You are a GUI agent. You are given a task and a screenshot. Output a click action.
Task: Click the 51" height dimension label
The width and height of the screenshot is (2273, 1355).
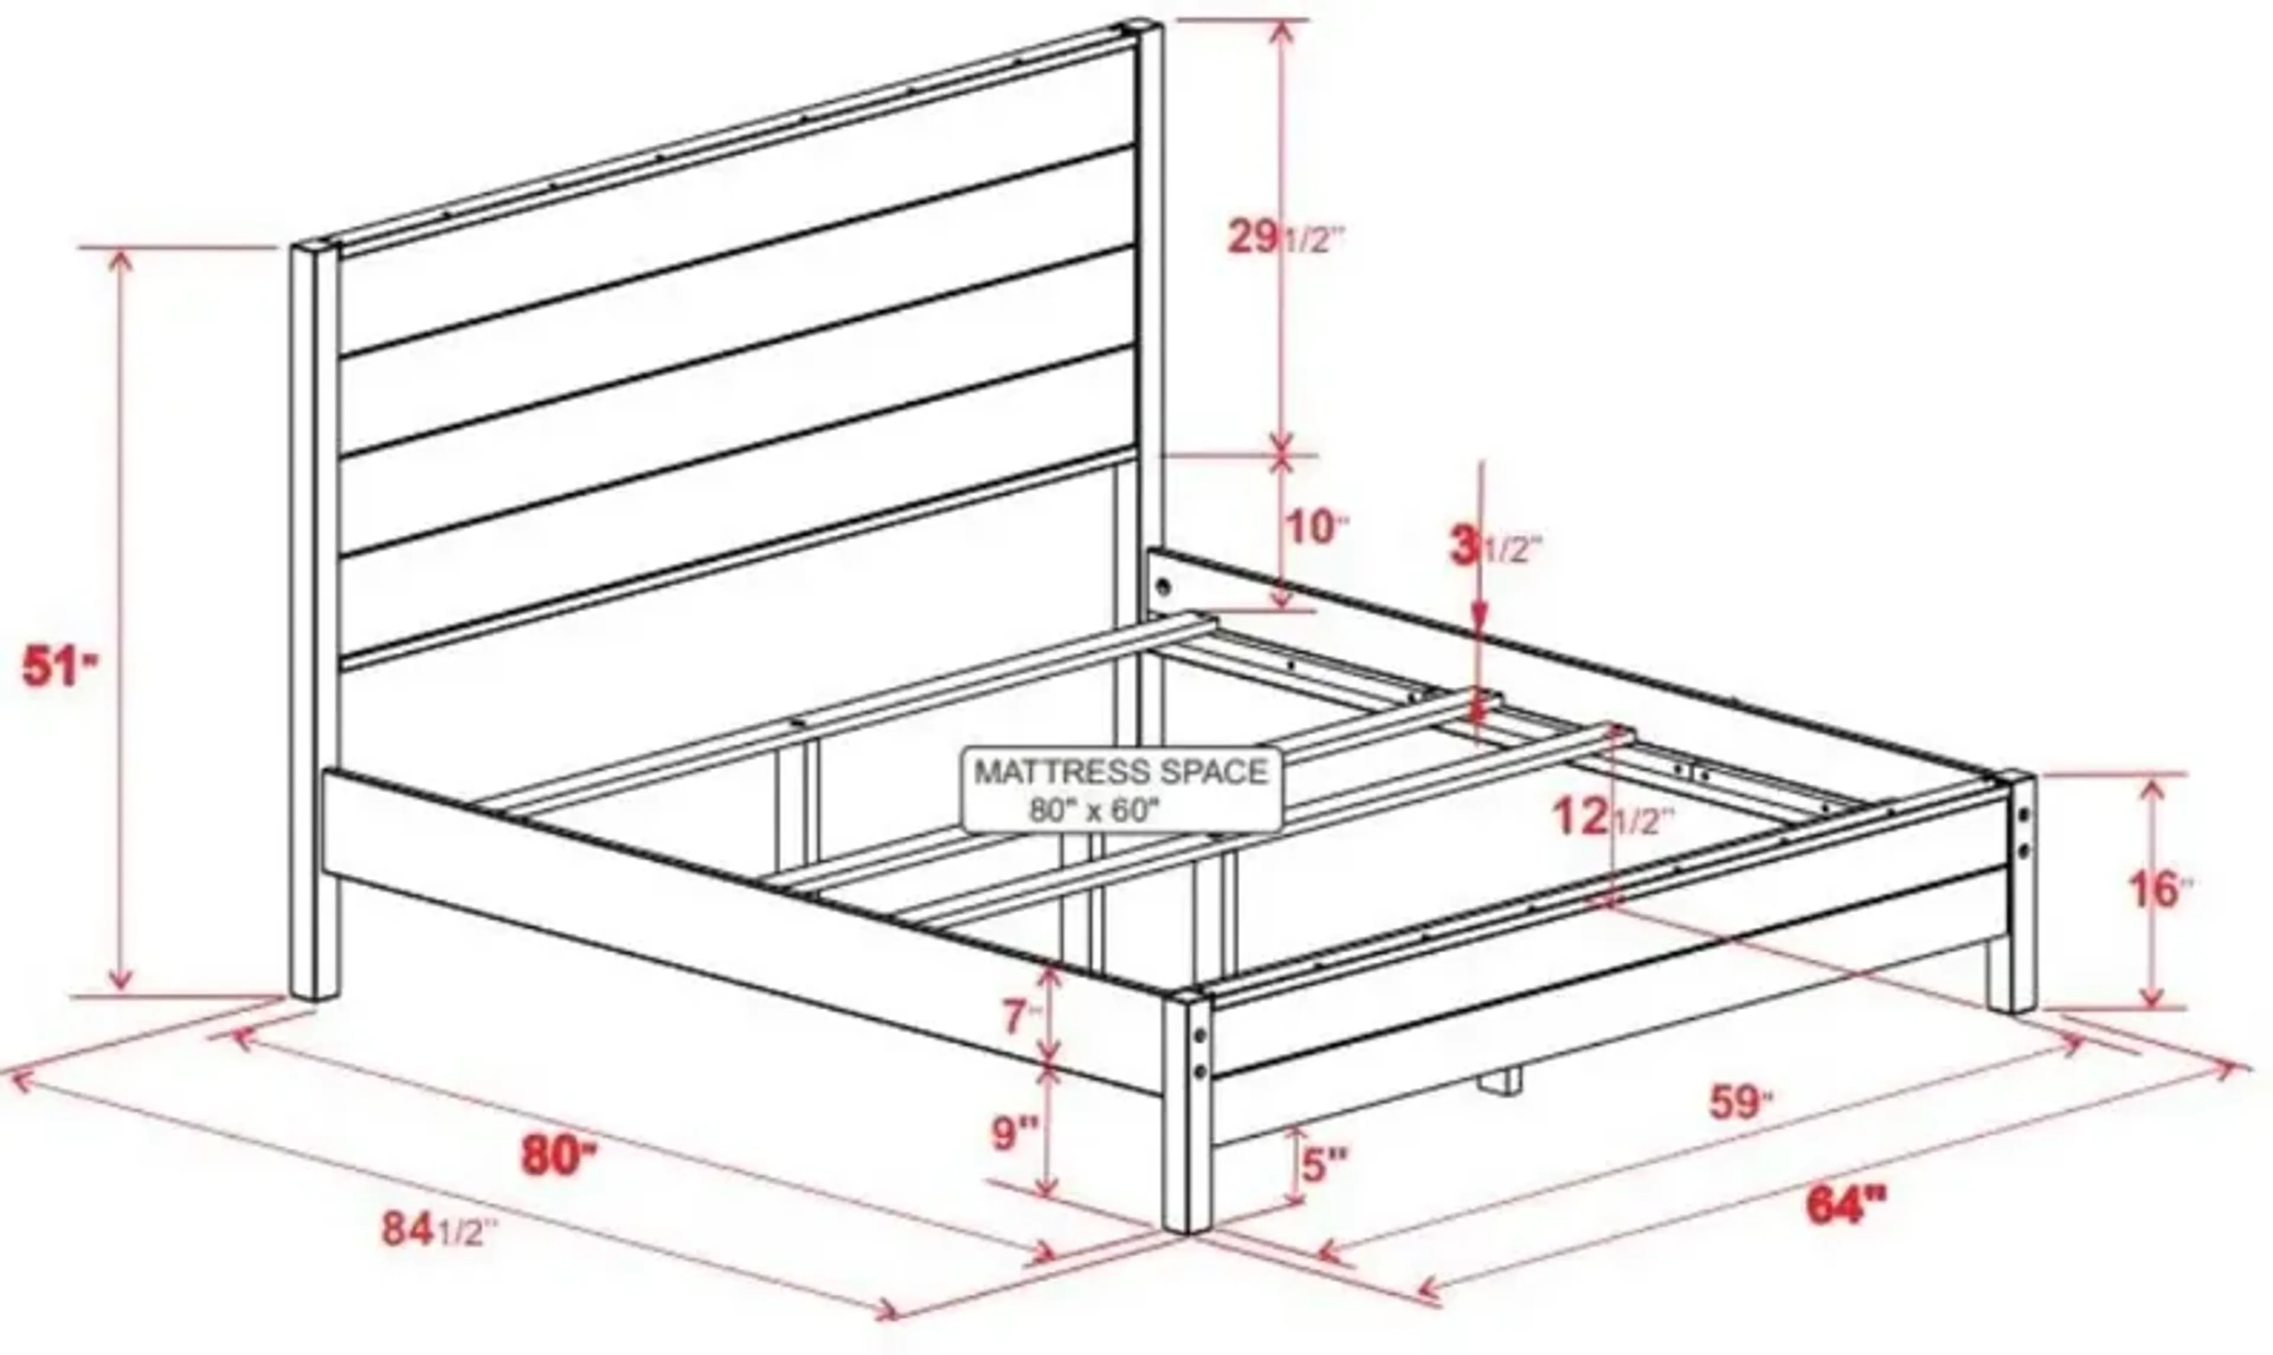tap(57, 666)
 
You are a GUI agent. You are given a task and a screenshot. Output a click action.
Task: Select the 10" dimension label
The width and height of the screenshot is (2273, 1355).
tap(1316, 528)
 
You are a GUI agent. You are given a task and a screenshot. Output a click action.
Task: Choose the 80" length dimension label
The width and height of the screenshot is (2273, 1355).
tap(558, 1155)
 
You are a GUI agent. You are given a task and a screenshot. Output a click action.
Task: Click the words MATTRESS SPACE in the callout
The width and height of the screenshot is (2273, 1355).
tap(1122, 772)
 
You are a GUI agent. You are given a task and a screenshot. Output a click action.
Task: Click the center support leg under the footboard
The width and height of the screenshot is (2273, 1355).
tap(1501, 1082)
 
